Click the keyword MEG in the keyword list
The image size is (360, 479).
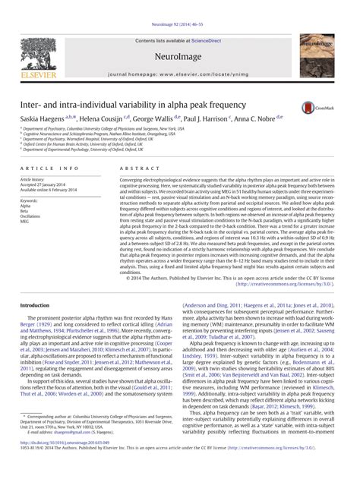[x=26, y=222]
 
